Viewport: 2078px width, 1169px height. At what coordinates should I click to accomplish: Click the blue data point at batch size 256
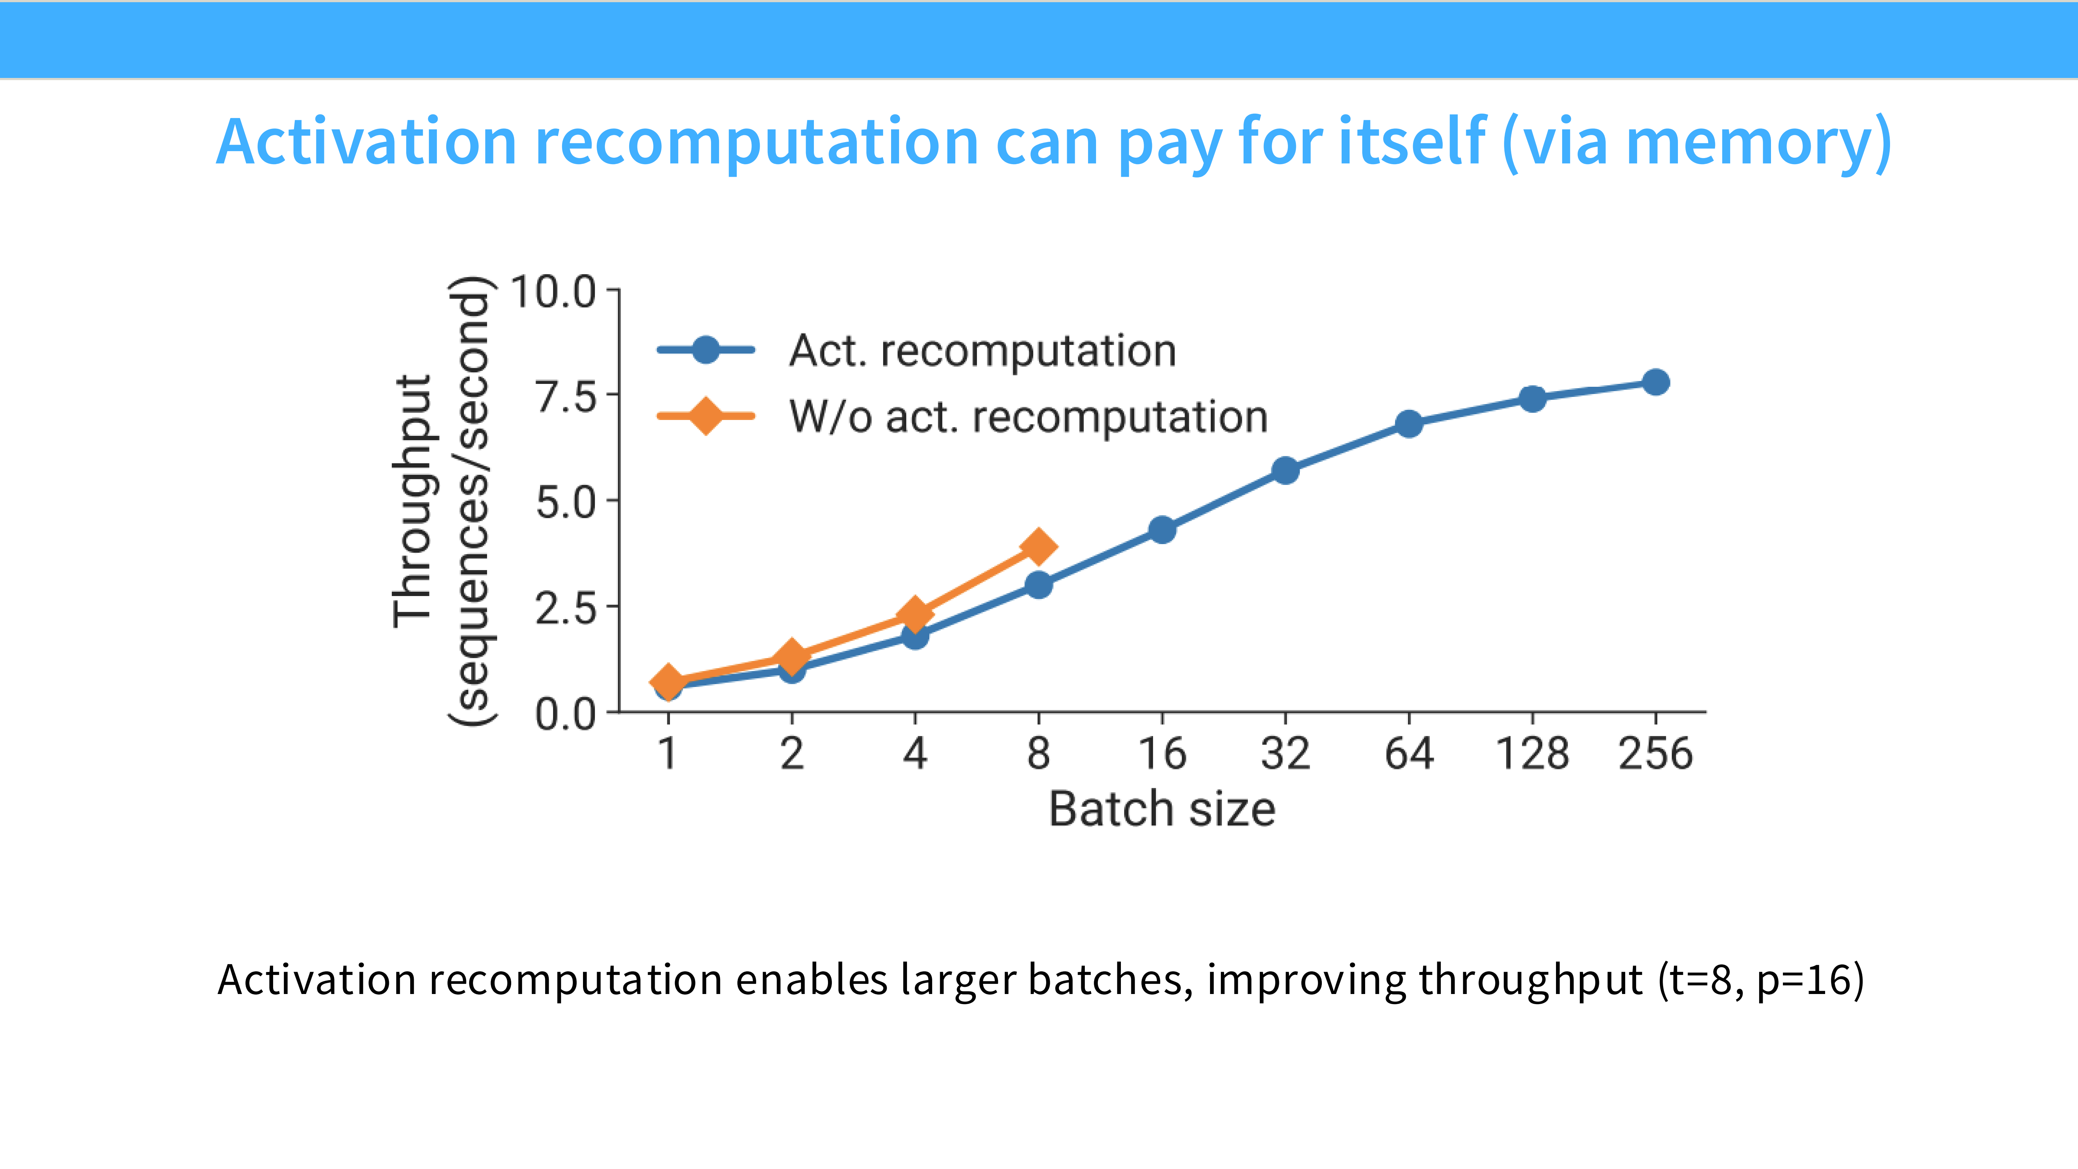[x=1655, y=382]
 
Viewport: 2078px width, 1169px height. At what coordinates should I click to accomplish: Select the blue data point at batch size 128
[x=1532, y=399]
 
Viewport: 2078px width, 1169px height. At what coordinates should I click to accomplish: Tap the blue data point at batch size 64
[x=1408, y=424]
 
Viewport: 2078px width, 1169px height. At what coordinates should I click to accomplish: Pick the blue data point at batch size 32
[x=1285, y=470]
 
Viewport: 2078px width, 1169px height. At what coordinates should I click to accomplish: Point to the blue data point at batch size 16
[x=1162, y=530]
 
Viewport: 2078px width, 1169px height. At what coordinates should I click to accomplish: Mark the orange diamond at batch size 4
[x=915, y=615]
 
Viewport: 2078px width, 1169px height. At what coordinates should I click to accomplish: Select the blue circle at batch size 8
[x=1038, y=585]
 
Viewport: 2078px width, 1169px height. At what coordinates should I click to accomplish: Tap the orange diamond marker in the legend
[x=706, y=416]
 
